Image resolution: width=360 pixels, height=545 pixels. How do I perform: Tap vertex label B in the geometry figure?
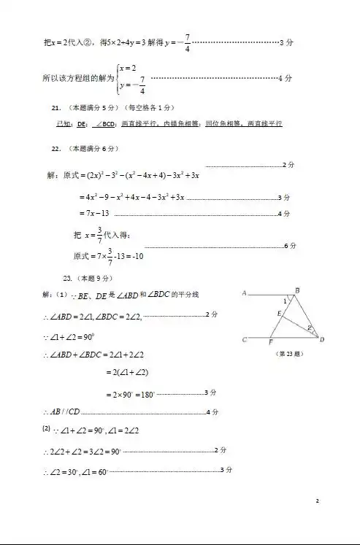297,290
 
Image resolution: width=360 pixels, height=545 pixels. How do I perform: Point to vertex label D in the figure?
322,339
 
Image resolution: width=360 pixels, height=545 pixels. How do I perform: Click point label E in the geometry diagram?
279,314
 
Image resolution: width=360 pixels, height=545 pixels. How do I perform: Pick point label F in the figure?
271,342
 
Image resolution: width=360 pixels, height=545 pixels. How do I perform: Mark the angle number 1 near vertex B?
286,301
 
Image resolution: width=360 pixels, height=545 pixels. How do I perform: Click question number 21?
55,107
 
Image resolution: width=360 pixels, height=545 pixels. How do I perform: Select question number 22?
55,148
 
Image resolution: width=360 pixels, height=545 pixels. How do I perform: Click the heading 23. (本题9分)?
88,278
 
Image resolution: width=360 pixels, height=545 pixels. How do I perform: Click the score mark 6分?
290,246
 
